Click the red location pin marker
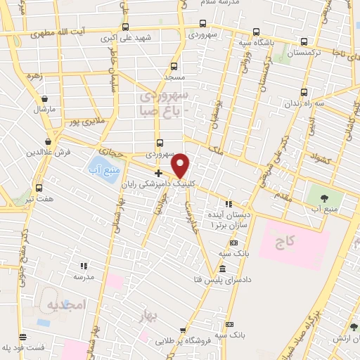tap(181, 165)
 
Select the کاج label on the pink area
tap(284, 241)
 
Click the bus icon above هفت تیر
tap(39, 188)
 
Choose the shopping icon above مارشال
tap(45, 99)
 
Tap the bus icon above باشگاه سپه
tap(255, 32)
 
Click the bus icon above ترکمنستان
tap(304, 41)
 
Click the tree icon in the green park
tap(324, 198)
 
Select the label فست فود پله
tap(22, 347)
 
